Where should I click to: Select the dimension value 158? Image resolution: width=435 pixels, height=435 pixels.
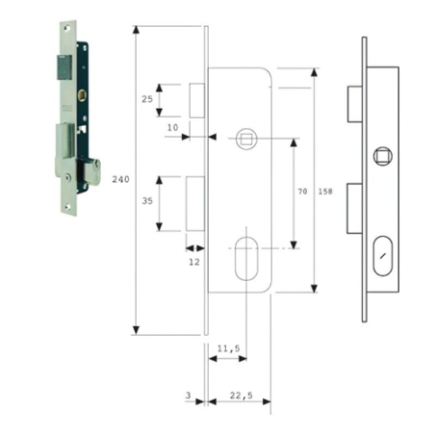coord(324,192)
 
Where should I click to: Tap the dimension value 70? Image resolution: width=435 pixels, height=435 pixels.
coord(302,192)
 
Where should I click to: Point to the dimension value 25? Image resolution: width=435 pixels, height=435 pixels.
coord(147,99)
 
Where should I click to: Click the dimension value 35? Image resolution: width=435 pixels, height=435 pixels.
coord(147,203)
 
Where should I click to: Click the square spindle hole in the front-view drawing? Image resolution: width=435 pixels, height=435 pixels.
coord(245,139)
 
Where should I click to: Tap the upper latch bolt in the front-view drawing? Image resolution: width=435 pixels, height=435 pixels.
coord(197,99)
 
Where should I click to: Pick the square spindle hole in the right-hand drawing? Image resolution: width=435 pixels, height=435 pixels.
coord(383,154)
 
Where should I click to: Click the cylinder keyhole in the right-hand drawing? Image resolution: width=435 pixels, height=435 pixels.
coord(383,255)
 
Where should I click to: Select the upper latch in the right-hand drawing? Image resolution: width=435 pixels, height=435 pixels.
coord(353,100)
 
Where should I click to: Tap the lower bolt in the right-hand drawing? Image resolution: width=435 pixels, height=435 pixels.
coord(353,203)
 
